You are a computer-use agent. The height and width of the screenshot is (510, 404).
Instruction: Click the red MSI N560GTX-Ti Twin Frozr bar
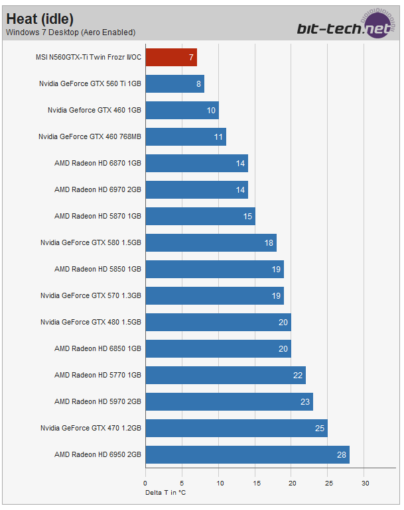click(170, 58)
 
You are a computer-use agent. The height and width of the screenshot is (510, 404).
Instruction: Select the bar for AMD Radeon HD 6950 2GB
click(247, 455)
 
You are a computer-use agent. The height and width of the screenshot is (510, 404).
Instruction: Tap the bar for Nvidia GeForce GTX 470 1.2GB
click(236, 429)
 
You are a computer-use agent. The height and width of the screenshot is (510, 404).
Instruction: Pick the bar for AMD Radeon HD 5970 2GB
click(228, 402)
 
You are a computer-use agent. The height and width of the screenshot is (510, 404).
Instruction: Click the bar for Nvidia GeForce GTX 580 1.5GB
click(210, 243)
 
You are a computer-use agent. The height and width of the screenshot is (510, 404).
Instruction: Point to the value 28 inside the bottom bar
click(340, 455)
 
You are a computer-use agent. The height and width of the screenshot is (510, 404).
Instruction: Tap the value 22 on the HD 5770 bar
click(298, 376)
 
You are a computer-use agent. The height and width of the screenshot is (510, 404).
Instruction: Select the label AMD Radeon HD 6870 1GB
click(98, 164)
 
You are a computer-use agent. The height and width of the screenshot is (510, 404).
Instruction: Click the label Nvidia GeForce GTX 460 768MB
click(90, 137)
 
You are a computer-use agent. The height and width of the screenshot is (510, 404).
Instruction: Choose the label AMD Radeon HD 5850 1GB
click(98, 270)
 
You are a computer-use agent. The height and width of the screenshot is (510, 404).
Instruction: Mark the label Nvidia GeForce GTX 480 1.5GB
click(91, 323)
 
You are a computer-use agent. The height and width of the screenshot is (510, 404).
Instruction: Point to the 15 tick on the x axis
click(255, 484)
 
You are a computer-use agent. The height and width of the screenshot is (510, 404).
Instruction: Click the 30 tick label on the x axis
click(365, 484)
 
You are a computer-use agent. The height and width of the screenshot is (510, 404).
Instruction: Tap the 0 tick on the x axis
click(145, 484)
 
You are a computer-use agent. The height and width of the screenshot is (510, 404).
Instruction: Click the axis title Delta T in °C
click(166, 492)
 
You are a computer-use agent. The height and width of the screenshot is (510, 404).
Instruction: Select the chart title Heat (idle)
click(40, 18)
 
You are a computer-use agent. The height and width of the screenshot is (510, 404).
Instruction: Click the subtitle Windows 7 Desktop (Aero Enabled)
click(70, 32)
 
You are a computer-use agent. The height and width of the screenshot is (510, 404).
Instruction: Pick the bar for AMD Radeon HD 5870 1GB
click(200, 217)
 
